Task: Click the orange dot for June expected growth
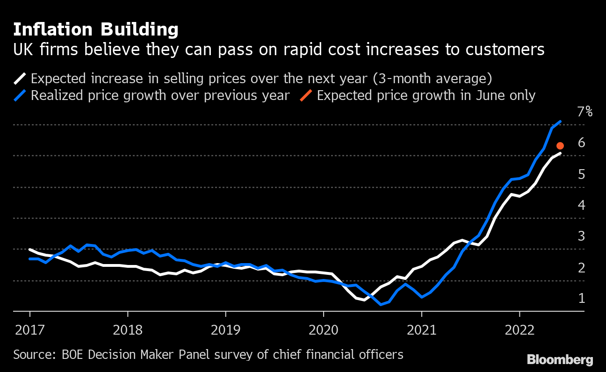pos(560,146)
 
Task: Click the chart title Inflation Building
pos(95,30)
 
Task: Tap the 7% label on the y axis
pos(584,112)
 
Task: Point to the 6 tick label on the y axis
pos(581,143)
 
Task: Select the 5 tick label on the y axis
pos(581,174)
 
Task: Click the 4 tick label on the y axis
pos(581,205)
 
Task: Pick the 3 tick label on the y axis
pos(581,236)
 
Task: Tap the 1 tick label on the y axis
pos(581,298)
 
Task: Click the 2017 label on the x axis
pos(30,330)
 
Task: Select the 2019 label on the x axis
pos(225,330)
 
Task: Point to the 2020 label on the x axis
pos(324,330)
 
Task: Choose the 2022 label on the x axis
pos(519,330)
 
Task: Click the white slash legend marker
pos(21,78)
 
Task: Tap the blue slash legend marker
pos(21,95)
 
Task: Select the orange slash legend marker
pos(307,95)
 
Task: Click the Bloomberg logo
pos(560,359)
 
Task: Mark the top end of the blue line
pos(560,122)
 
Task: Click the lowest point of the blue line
pos(381,304)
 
